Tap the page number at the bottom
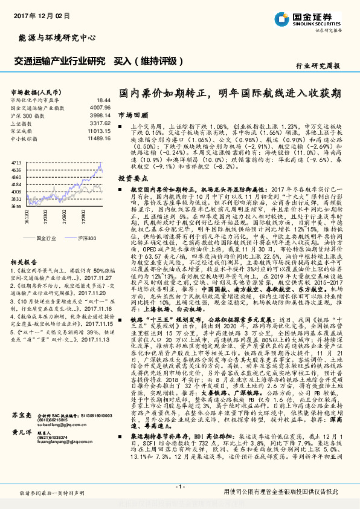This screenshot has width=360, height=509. [179, 487]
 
